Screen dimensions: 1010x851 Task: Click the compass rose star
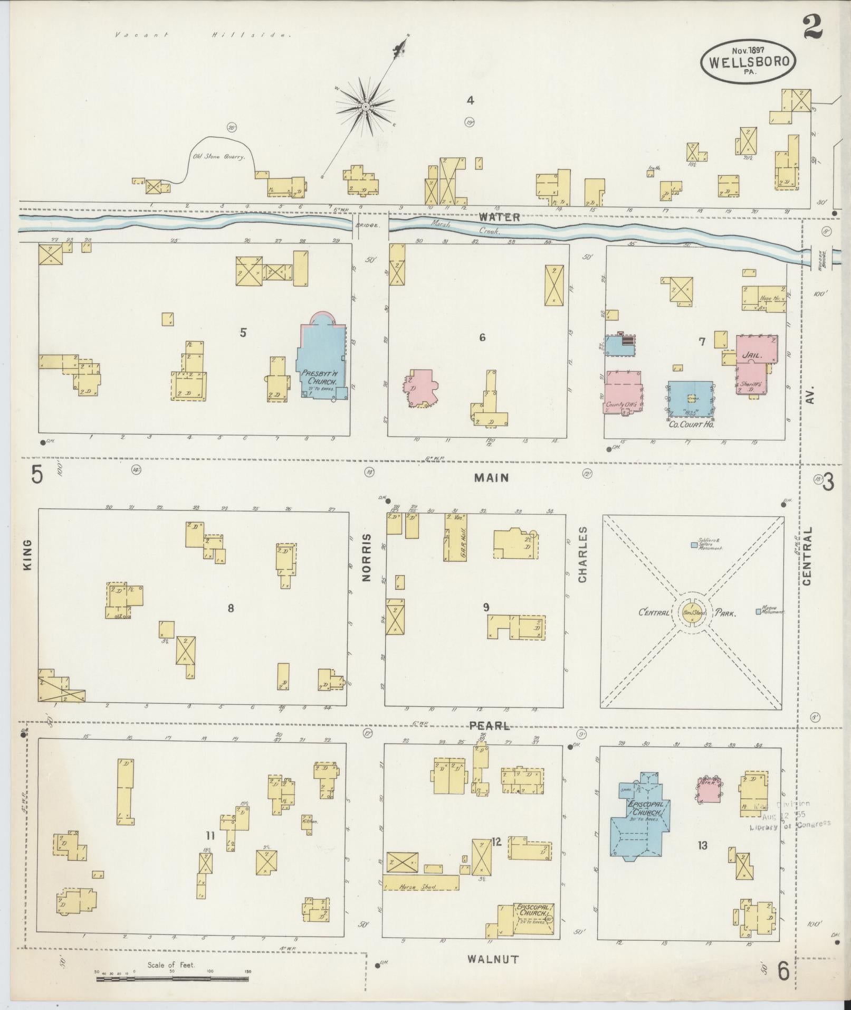click(365, 107)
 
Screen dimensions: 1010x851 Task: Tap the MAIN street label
click(491, 478)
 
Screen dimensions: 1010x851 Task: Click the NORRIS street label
click(367, 558)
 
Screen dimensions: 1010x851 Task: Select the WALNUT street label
click(493, 959)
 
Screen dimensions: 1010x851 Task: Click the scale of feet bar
click(172, 979)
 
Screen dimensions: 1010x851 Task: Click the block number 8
click(231, 608)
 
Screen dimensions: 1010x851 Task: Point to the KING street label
click(27, 554)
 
